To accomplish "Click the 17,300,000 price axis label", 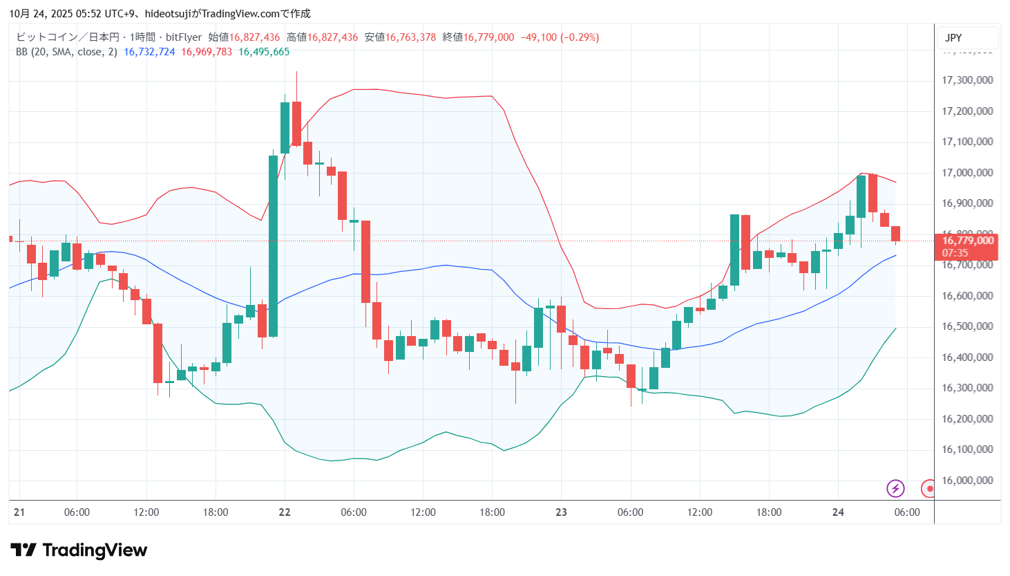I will (x=967, y=80).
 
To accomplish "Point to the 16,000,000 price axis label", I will (x=967, y=481).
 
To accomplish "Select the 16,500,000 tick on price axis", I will (x=967, y=326).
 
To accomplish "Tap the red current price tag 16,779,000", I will (x=968, y=241).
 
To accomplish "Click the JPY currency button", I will (x=953, y=38).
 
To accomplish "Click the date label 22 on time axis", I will (x=285, y=512).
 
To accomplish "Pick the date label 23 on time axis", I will (x=561, y=512).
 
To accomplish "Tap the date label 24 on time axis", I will (x=838, y=512).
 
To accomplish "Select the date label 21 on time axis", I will (x=19, y=512).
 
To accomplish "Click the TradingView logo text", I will (x=95, y=550).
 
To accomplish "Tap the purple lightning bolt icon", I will (x=895, y=489).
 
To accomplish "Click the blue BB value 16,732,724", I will (x=149, y=52).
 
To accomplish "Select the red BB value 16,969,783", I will (x=207, y=52).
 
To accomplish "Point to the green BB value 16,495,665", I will (x=264, y=52).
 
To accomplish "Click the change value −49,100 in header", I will (x=538, y=37).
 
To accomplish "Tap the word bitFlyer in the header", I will (x=184, y=37).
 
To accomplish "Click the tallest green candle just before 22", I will (x=273, y=245).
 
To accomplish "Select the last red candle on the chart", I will (x=895, y=234).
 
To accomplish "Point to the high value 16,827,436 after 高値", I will (x=332, y=37).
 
